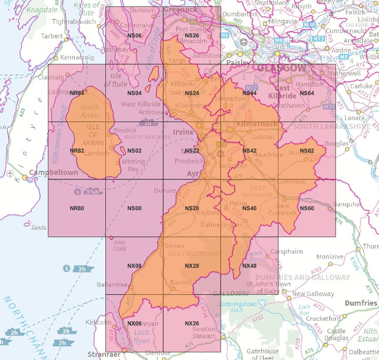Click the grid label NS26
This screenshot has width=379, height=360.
[x=191, y=36]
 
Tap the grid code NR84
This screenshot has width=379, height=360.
[x=77, y=93]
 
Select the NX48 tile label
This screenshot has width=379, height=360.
[x=249, y=266]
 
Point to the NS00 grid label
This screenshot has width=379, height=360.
[x=134, y=208]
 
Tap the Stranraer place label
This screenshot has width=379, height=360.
[x=104, y=354]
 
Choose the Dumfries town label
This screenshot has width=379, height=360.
[x=361, y=303]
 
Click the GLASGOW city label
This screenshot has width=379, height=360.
[x=281, y=68]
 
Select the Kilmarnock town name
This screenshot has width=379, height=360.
[x=257, y=124]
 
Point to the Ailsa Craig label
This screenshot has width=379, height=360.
[x=120, y=245]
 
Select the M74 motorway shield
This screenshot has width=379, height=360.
[x=329, y=107]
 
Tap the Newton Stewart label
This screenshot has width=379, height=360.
[x=203, y=332]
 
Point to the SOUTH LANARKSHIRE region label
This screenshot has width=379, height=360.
[x=331, y=126]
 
